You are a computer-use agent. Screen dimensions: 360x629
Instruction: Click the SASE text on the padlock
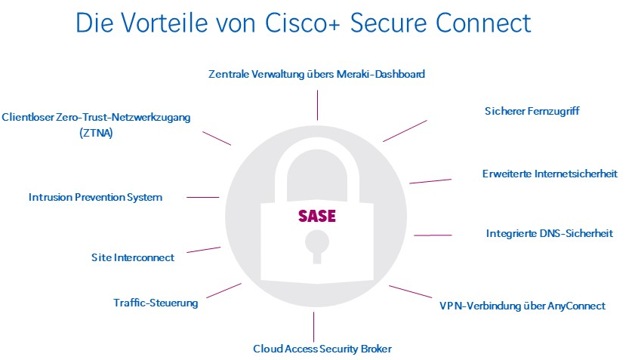[x=316, y=215]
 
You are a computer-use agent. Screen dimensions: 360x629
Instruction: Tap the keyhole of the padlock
[x=316, y=247]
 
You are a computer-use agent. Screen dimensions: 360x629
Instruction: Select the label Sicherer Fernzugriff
[x=532, y=112]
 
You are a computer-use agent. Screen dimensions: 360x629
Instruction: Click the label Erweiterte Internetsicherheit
[x=550, y=174]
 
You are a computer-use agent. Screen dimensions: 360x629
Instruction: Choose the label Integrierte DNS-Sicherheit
[x=549, y=233]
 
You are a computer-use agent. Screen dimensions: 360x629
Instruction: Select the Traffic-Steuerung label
[x=156, y=303]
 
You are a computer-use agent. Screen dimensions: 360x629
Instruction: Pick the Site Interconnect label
[x=133, y=257]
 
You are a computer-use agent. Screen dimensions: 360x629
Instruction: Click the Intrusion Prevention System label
[x=95, y=198]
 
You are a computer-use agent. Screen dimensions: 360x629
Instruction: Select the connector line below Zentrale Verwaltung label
[x=318, y=105]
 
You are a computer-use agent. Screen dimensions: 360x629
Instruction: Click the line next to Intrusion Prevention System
[x=202, y=198]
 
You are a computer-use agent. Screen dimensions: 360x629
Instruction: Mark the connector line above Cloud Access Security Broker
[x=313, y=327]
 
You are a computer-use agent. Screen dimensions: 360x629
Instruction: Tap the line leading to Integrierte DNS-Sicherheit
[x=433, y=235]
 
